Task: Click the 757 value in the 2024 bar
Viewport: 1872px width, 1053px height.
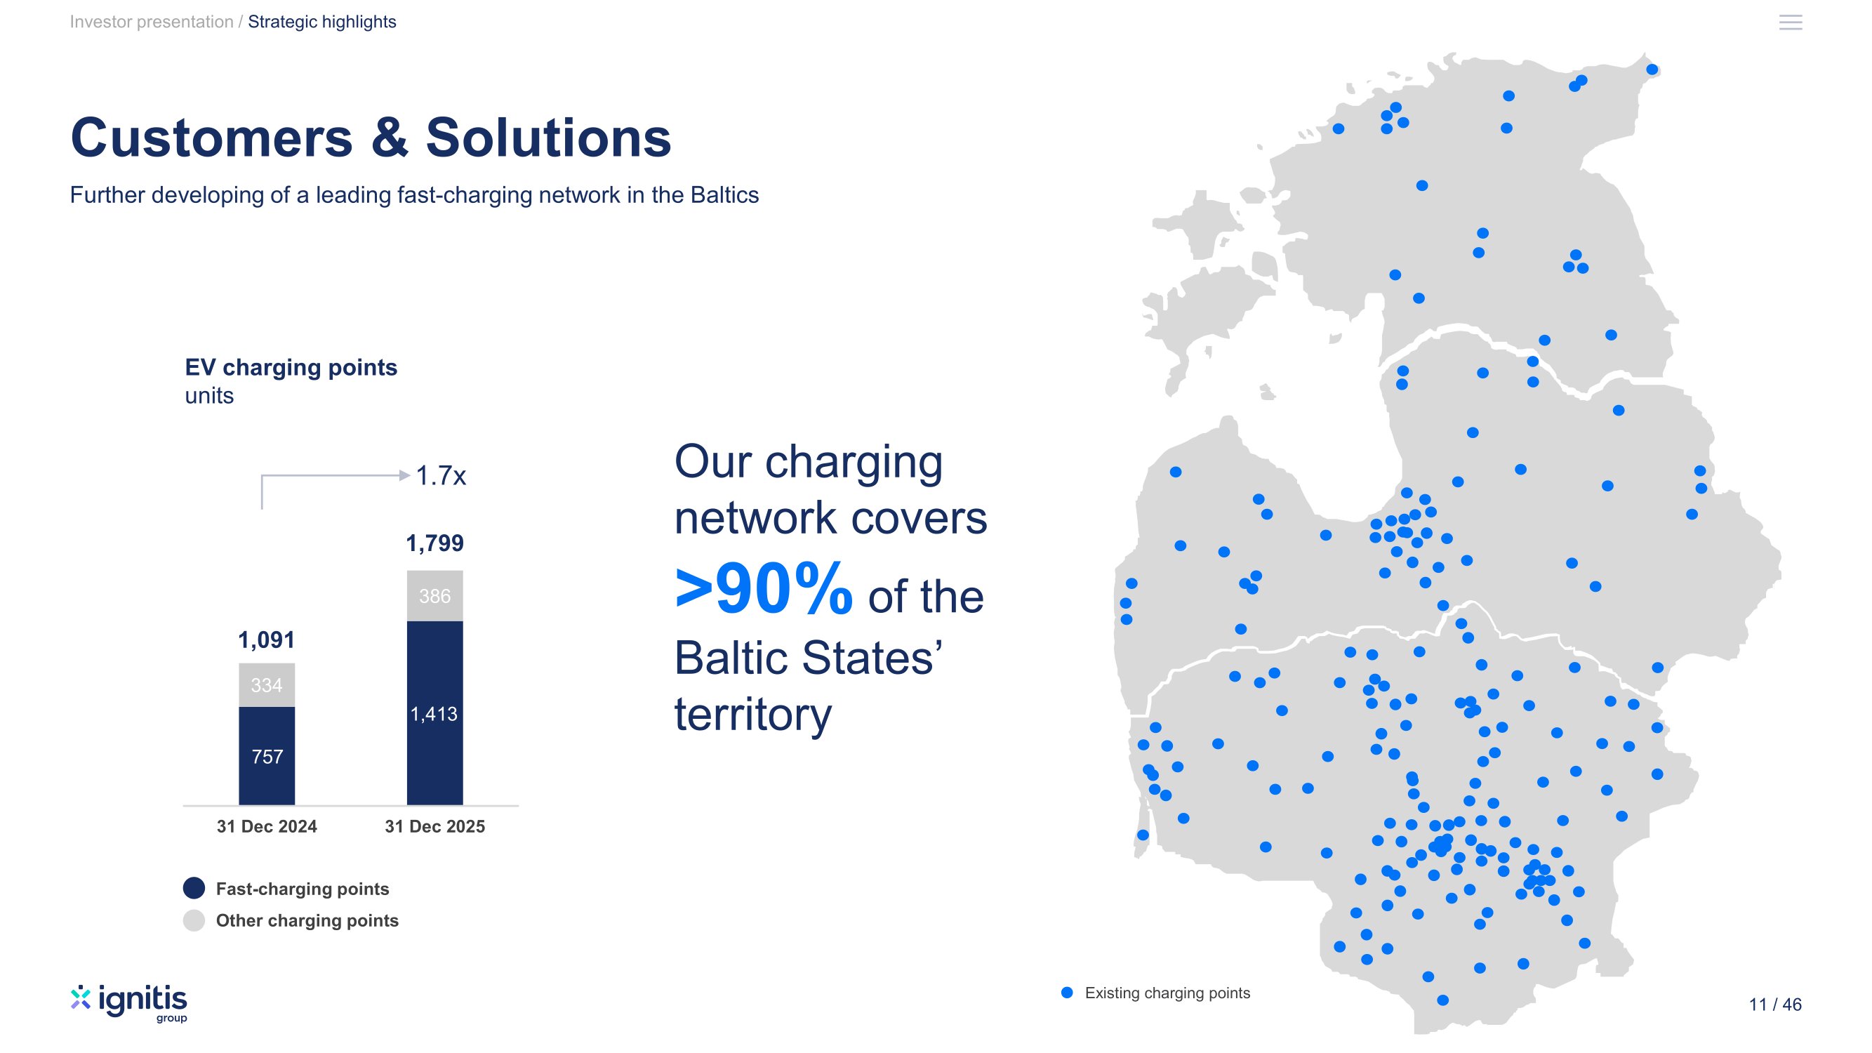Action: pos(267,757)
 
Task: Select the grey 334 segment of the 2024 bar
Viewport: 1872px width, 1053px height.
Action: pos(267,684)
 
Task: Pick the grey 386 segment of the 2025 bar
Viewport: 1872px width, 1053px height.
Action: pos(434,596)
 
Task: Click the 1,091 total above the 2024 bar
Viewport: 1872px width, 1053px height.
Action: pos(267,640)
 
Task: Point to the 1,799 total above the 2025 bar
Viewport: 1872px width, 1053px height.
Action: pos(434,543)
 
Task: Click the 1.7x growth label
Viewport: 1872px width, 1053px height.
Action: pos(440,476)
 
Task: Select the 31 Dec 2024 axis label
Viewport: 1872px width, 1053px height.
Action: pos(267,826)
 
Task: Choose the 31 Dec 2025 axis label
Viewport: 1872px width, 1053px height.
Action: pos(434,826)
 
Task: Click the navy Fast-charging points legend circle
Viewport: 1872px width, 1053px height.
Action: pos(194,888)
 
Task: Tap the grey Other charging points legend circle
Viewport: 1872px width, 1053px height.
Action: pos(194,920)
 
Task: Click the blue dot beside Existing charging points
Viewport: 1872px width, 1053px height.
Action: pos(1067,993)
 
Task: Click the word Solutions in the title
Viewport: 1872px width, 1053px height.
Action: pos(549,138)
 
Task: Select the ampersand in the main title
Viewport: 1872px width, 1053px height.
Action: pos(390,138)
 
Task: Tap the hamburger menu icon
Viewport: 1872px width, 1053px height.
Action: pos(1791,22)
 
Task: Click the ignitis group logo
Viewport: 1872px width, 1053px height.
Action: pos(129,1003)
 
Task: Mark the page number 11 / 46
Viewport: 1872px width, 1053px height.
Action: pos(1775,1005)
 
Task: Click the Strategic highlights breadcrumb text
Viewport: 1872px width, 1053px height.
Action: pos(322,22)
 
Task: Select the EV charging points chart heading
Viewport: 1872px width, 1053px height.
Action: pos(291,368)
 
